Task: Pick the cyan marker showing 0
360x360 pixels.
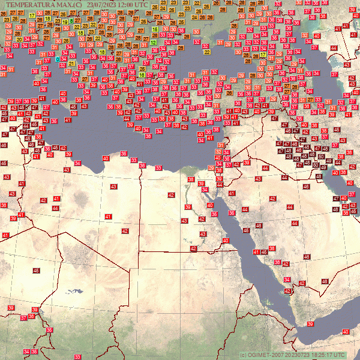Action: click(58, 59)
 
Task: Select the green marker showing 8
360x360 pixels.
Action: click(71, 21)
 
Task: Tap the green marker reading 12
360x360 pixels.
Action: click(154, 43)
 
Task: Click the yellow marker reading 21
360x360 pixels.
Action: click(71, 63)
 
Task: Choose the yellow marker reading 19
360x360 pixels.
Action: click(65, 22)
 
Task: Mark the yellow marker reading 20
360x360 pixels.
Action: click(19, 40)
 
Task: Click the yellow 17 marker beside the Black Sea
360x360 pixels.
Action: click(263, 55)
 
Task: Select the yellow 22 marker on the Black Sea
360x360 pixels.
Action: click(207, 52)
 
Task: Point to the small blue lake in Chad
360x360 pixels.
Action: click(74, 292)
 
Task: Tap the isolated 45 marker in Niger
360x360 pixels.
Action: click(36, 271)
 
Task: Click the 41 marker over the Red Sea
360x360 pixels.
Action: click(256, 252)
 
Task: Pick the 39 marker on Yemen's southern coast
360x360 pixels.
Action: click(310, 324)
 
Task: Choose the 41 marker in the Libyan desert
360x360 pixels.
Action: click(109, 217)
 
